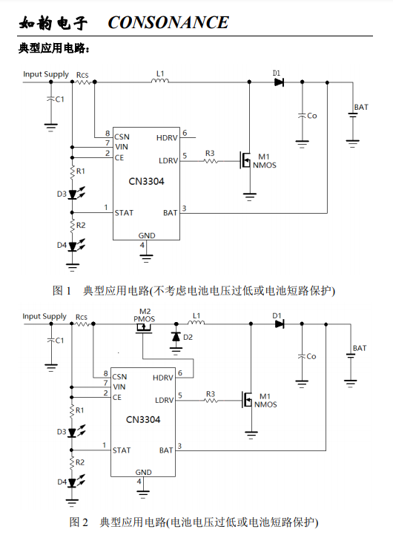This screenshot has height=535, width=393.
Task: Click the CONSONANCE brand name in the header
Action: click(x=168, y=23)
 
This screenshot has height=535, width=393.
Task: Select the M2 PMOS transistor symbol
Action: click(x=144, y=328)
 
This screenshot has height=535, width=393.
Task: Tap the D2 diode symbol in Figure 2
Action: click(x=176, y=337)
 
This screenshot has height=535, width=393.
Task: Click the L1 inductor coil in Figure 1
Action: click(x=160, y=81)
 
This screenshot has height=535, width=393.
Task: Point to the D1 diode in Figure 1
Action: click(x=279, y=82)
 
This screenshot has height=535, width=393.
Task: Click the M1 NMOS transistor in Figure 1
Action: click(x=245, y=160)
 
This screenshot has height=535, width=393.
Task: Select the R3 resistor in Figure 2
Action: click(x=211, y=400)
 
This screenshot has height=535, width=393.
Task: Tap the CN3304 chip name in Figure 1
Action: click(x=146, y=181)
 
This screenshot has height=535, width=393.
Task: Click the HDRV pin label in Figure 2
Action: click(x=162, y=378)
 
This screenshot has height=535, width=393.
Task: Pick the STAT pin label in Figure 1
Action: click(x=124, y=213)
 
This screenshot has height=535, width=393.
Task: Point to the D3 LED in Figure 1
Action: click(x=73, y=194)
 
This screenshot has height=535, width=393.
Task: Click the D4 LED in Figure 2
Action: click(x=72, y=482)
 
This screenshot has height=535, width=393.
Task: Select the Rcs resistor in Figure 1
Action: click(x=83, y=82)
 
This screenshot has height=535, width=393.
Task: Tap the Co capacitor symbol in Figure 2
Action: click(x=302, y=356)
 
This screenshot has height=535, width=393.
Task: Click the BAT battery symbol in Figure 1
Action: click(x=352, y=115)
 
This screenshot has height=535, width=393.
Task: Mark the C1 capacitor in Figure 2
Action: click(x=50, y=340)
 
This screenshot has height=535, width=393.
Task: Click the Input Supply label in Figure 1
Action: click(x=46, y=74)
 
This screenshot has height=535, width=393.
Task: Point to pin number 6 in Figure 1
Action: click(x=185, y=133)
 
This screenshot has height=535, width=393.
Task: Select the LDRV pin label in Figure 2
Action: click(x=165, y=400)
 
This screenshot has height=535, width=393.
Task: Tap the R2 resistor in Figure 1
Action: click(x=72, y=226)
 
